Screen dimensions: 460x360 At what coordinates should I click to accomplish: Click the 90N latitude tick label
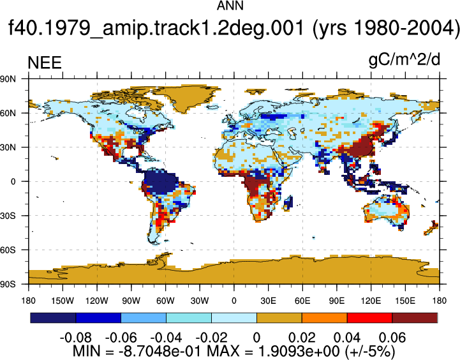(x=8, y=79)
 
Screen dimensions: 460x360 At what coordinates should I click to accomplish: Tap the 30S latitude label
(x=8, y=216)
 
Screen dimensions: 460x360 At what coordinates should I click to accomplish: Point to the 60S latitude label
(x=8, y=250)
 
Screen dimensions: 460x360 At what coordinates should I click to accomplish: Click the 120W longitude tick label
(x=97, y=301)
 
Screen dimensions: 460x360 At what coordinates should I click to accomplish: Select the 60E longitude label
(x=302, y=301)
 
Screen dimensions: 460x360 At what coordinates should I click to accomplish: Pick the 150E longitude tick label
(x=405, y=301)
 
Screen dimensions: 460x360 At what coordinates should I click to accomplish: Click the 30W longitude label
(x=200, y=301)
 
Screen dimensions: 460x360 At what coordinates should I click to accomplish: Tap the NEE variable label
(x=45, y=63)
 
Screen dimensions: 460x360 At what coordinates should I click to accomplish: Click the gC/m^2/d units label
(x=404, y=60)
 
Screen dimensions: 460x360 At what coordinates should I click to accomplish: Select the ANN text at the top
(x=230, y=6)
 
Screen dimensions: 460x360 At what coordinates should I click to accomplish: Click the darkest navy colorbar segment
(x=53, y=318)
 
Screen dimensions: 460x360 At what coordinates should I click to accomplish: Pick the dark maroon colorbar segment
(x=415, y=318)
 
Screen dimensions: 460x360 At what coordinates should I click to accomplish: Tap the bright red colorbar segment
(x=369, y=318)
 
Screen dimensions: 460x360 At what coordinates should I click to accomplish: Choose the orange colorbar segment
(x=325, y=318)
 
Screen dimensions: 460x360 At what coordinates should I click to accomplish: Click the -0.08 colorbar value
(x=76, y=338)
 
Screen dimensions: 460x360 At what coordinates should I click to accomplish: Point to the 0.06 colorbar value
(x=392, y=338)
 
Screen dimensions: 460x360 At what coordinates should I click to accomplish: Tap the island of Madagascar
(x=288, y=203)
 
